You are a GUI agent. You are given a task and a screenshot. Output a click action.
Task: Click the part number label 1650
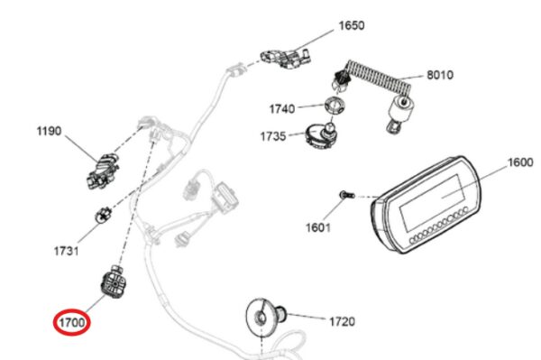click(352, 25)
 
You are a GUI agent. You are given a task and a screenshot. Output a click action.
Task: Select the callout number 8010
click(440, 75)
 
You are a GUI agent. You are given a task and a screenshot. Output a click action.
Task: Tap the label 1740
click(282, 109)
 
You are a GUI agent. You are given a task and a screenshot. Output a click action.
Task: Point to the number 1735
click(273, 136)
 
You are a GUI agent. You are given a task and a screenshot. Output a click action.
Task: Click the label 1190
click(49, 131)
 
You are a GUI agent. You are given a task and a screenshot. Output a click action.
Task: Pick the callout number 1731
click(66, 251)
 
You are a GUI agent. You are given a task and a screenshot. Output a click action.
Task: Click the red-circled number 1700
click(72, 322)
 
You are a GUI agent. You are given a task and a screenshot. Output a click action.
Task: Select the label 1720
click(342, 322)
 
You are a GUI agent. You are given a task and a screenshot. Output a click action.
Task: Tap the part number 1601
click(318, 227)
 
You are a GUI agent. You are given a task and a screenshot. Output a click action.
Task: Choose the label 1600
click(520, 162)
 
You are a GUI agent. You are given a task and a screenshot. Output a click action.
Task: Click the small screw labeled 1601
click(347, 195)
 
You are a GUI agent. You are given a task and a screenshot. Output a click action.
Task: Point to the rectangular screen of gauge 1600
click(431, 203)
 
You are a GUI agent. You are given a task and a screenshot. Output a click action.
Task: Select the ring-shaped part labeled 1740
click(335, 106)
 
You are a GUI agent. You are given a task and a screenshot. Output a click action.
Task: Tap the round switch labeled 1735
click(320, 135)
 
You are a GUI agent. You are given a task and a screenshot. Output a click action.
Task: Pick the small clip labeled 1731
click(103, 215)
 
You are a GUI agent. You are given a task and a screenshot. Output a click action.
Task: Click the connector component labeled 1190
click(103, 171)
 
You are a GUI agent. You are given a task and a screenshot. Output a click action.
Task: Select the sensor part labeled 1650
click(285, 58)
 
